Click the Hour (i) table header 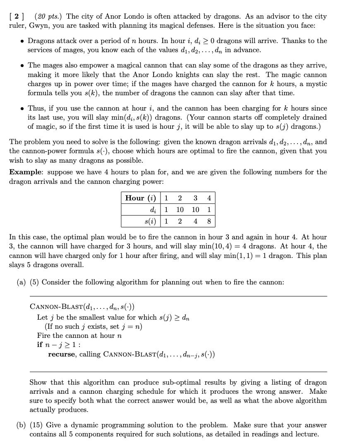click(x=141, y=198)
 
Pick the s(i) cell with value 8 click(x=209, y=221)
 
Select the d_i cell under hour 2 click(x=180, y=210)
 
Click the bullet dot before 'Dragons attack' click(x=22, y=41)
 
